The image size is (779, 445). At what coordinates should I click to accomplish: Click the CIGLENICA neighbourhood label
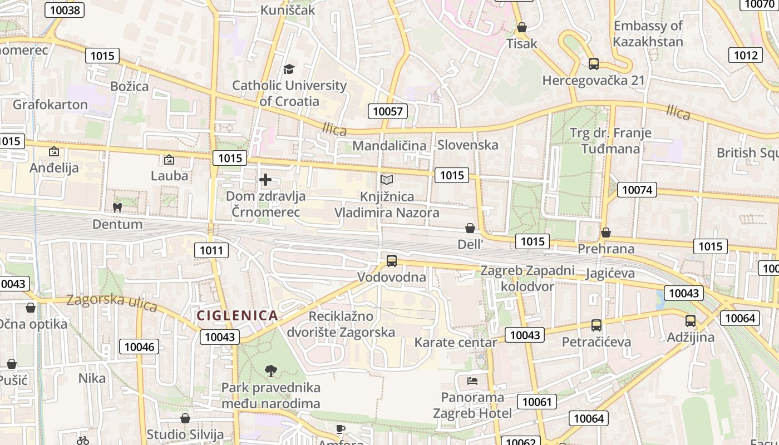(237, 315)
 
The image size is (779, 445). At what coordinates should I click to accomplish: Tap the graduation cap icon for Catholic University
(289, 69)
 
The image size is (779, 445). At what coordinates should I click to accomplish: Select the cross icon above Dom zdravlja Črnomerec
(265, 180)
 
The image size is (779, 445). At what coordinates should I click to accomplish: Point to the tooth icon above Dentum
(117, 208)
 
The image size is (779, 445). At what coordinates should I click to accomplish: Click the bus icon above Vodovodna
(392, 260)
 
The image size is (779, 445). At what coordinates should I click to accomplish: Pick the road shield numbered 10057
(387, 111)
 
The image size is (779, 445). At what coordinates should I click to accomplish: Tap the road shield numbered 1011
(211, 250)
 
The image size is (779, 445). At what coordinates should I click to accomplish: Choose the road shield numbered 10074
(637, 190)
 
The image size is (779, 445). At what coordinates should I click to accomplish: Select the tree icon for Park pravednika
(271, 370)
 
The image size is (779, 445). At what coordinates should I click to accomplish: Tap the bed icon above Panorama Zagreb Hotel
(472, 381)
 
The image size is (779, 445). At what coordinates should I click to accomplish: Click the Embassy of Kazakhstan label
(648, 33)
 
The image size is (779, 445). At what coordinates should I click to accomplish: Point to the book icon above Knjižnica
(387, 180)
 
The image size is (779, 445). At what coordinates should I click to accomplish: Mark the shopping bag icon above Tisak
(522, 27)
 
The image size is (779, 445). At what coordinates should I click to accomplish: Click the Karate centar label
(455, 342)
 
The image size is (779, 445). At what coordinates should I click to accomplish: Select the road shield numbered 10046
(139, 347)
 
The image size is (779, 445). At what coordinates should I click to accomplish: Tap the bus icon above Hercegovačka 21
(594, 64)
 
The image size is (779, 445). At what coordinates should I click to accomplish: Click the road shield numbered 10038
(65, 9)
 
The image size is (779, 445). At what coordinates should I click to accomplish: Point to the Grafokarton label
(50, 105)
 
